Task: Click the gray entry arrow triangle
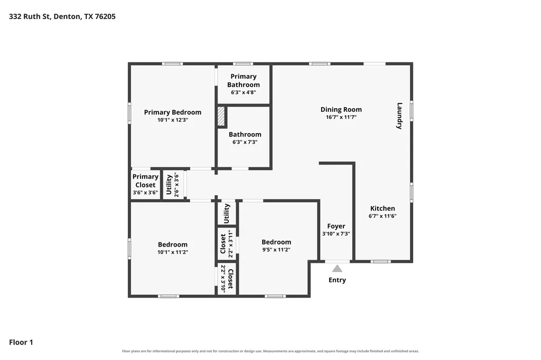(337, 269)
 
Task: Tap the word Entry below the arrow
(337, 280)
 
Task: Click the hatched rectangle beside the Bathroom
(221, 116)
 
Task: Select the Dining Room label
(341, 110)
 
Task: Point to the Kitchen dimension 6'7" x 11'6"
(383, 216)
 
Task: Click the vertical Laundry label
(399, 116)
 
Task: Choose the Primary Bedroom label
(173, 112)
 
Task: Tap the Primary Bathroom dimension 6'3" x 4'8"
(244, 92)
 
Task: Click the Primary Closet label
(145, 181)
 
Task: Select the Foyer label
(336, 226)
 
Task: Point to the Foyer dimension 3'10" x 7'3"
(336, 234)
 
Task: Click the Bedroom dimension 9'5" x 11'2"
(276, 250)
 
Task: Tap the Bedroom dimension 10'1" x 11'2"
(173, 252)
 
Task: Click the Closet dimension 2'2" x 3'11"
(230, 244)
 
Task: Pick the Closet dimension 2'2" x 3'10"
(223, 279)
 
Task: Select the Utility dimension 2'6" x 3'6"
(176, 185)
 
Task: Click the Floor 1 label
(21, 343)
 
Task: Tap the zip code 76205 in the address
(105, 16)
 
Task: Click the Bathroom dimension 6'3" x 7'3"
(245, 142)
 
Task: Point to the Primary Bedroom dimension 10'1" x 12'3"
(173, 120)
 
